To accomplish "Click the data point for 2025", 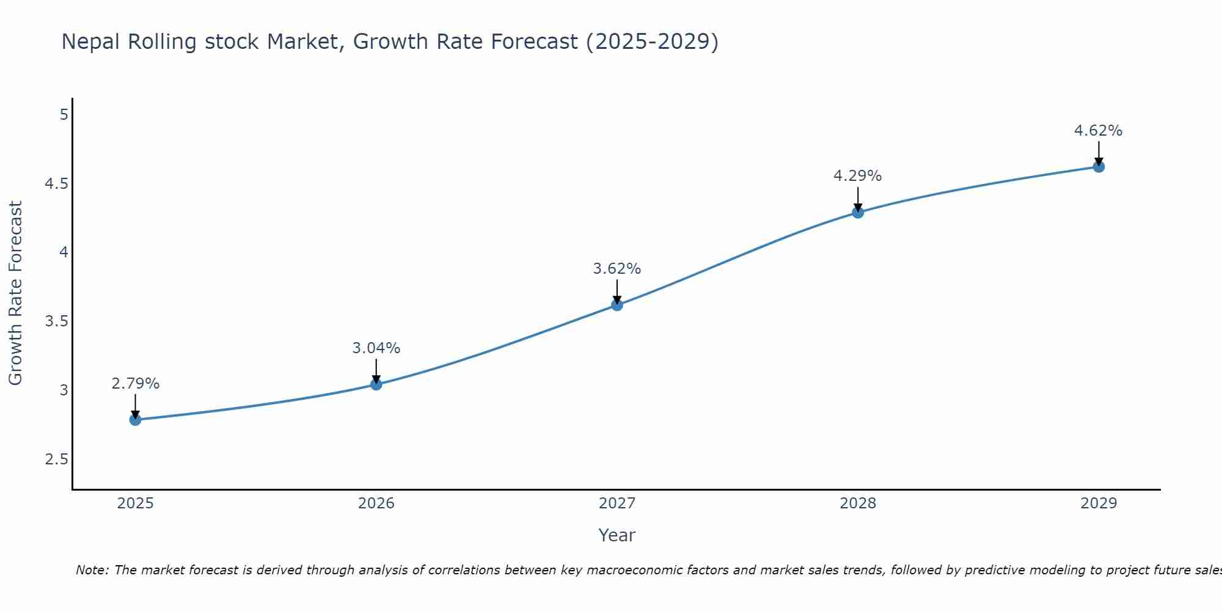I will (135, 420).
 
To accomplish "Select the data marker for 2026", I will (376, 384).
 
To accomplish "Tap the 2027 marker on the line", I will (617, 305).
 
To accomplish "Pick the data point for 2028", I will (858, 213).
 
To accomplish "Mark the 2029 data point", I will (1099, 167).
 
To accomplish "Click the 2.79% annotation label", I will (135, 384).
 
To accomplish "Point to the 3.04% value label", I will (376, 348).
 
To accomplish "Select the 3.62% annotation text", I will (617, 269).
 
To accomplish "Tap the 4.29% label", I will (858, 176).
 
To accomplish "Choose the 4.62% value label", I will (1099, 131).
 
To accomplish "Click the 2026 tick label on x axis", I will (376, 503).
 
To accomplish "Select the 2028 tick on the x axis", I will (858, 503).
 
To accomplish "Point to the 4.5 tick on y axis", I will (56, 184).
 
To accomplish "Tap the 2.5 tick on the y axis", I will (56, 459).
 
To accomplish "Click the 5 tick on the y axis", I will (64, 115).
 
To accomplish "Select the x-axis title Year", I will (617, 535).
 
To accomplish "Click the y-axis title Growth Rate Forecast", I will (15, 293).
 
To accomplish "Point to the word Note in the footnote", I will (92, 570).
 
